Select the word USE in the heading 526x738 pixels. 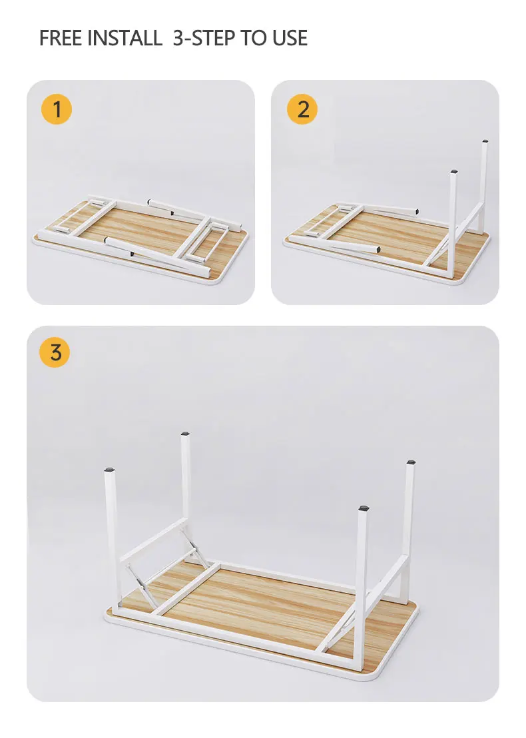tap(290, 38)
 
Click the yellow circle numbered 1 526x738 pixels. tap(57, 109)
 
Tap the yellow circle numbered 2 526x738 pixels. tap(302, 109)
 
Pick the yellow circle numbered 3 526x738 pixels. tap(55, 352)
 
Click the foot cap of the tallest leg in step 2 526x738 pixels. tap(485, 141)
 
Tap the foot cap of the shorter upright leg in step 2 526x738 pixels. tap(453, 172)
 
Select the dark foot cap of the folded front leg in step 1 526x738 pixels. tap(132, 254)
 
